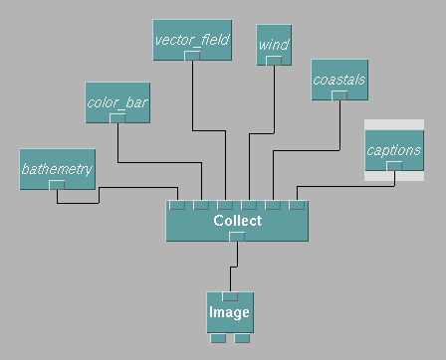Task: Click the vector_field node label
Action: tap(192, 40)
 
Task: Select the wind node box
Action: tap(274, 45)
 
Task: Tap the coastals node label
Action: tap(339, 80)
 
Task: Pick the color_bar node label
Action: tap(117, 102)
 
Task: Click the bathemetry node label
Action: tap(57, 169)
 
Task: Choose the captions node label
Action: tap(394, 150)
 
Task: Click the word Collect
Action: tap(238, 221)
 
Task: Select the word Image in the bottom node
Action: tap(229, 312)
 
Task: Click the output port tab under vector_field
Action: tap(192, 56)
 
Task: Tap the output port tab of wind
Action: tap(274, 61)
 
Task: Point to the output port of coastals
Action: tap(339, 95)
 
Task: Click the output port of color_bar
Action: tap(117, 118)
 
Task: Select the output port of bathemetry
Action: tap(57, 185)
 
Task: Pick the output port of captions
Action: tap(394, 166)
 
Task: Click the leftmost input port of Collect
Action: tap(177, 205)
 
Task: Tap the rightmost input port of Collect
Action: tap(297, 205)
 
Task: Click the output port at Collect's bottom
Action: tap(237, 237)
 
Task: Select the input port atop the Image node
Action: tap(230, 296)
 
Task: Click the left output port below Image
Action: tap(218, 338)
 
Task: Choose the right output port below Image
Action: tap(242, 338)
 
